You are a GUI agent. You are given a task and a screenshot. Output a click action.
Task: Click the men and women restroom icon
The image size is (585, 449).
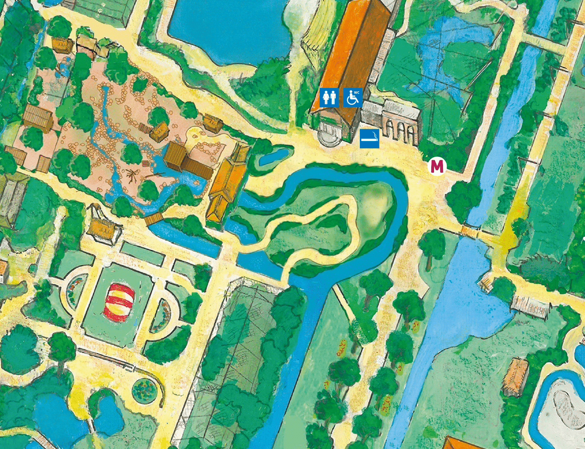(x=329, y=98)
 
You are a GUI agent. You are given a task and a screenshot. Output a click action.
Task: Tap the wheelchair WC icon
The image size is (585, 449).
(x=353, y=98)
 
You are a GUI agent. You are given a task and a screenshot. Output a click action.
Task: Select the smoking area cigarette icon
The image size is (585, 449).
(x=370, y=139)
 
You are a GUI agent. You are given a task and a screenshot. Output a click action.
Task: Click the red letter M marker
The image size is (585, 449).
(x=437, y=166)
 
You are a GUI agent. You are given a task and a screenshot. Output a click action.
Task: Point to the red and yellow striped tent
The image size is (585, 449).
(x=119, y=302)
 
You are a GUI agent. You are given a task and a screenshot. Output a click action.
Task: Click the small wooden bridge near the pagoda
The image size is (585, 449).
(x=154, y=219)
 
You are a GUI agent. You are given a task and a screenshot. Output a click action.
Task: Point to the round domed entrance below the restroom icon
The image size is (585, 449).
(x=328, y=133)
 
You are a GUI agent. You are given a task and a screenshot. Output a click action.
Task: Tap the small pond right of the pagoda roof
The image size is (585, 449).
(x=274, y=156)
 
